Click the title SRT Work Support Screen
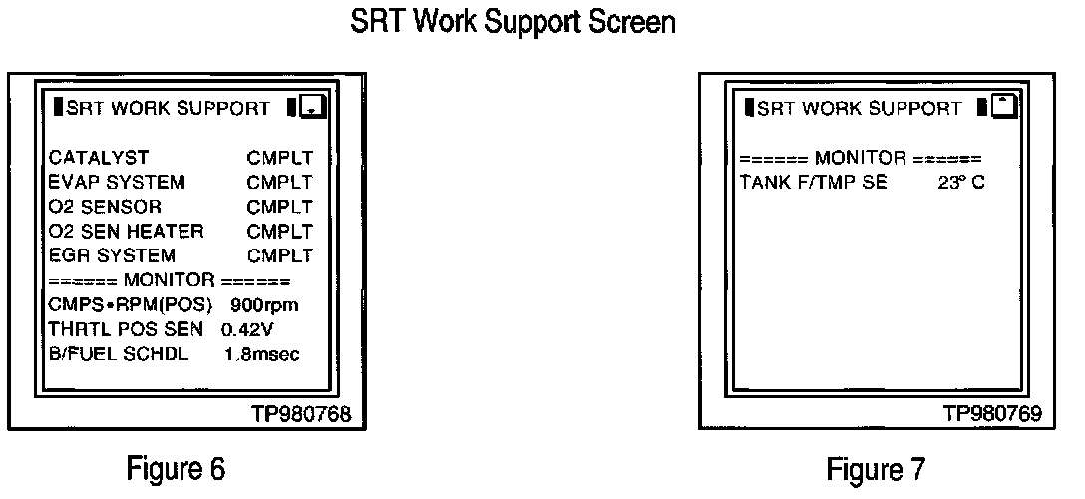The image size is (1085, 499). (513, 23)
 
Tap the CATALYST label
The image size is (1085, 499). (99, 157)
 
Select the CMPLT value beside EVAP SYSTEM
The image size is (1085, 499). (280, 182)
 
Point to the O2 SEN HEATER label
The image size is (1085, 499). (126, 231)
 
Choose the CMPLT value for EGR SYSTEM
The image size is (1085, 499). (280, 255)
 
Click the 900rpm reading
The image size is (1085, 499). (263, 304)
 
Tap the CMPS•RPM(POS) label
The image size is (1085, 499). (131, 304)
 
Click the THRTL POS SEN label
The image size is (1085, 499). (126, 329)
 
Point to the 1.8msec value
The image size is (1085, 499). (262, 354)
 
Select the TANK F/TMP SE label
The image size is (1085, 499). (813, 183)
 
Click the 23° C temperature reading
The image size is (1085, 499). (961, 183)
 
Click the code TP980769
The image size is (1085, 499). (990, 413)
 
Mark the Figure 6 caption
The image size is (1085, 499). (176, 467)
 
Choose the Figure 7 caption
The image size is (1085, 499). (876, 467)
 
